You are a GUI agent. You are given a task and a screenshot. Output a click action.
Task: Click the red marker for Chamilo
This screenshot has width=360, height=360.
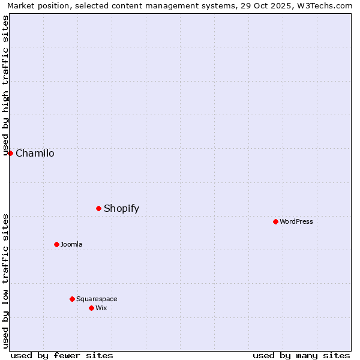10,153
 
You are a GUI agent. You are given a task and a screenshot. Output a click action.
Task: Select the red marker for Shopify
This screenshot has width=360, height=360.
99,208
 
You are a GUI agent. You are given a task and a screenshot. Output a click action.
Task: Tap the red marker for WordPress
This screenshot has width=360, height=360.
275,221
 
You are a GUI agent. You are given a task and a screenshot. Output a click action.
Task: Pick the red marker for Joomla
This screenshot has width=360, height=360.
57,244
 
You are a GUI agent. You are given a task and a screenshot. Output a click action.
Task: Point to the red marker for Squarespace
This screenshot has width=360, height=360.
72,299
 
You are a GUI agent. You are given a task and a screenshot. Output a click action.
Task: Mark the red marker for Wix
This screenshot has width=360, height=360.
91,308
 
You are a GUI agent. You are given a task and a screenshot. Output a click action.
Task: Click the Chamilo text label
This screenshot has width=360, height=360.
35,154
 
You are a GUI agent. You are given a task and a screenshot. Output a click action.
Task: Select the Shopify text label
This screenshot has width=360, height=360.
121,209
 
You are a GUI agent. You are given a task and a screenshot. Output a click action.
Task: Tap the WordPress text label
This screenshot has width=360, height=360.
296,222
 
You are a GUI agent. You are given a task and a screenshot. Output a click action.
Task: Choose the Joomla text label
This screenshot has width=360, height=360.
71,245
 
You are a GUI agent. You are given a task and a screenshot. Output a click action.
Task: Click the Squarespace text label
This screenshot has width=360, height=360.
97,299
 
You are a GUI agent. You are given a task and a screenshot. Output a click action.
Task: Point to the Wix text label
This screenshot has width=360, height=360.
101,308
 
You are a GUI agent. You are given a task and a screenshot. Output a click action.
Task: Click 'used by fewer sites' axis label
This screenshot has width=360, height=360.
62,355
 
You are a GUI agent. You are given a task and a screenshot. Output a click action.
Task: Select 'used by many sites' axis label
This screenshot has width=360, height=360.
301,355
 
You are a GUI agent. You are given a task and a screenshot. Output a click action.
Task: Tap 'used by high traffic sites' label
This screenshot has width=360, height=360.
6,86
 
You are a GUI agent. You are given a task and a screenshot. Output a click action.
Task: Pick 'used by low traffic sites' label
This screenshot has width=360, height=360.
6,281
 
